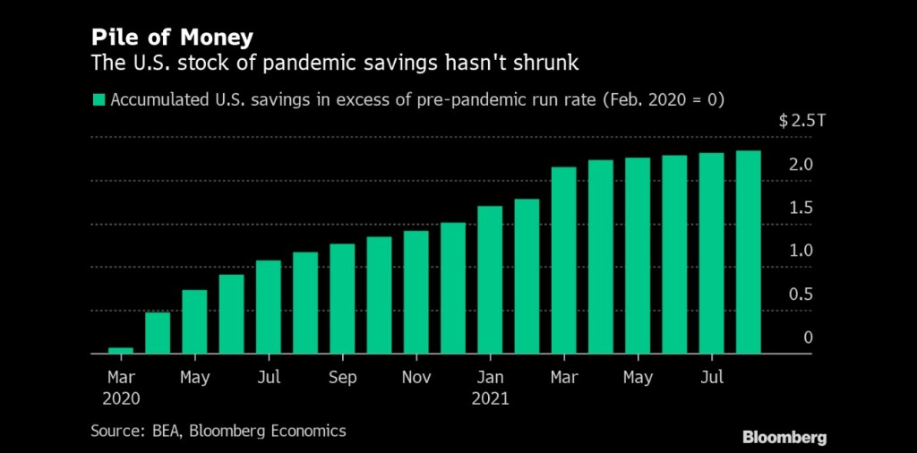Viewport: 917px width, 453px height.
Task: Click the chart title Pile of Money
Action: [x=170, y=38]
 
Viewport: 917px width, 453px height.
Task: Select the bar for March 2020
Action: [x=121, y=350]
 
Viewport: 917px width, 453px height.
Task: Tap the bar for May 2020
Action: [x=194, y=322]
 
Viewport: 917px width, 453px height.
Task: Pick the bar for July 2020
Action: [x=269, y=307]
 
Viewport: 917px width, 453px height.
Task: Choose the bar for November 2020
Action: [x=416, y=293]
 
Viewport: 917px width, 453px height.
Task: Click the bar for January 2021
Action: [x=490, y=280]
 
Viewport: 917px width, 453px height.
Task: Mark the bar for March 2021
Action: [x=564, y=261]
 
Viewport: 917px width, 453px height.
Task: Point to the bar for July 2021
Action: [x=712, y=253]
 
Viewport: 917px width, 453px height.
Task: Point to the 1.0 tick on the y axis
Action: [x=801, y=252]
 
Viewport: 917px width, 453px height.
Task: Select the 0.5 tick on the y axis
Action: [x=801, y=295]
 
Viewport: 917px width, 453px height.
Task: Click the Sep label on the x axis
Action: [x=342, y=378]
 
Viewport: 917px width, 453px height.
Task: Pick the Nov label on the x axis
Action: [x=416, y=378]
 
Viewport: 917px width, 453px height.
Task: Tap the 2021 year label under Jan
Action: [x=490, y=399]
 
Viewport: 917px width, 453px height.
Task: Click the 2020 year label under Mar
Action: [x=121, y=399]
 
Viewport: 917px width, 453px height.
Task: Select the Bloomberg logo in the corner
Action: [x=784, y=437]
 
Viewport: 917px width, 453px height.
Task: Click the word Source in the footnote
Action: [x=116, y=431]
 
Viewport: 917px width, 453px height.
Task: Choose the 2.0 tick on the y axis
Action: [x=801, y=166]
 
